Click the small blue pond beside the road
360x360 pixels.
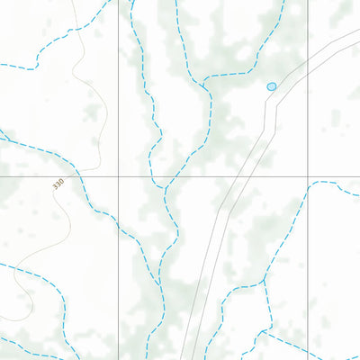(x=272, y=86)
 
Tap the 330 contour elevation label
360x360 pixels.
(x=58, y=184)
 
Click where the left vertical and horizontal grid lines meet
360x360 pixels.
(x=118, y=175)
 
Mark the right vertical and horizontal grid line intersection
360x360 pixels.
(x=309, y=175)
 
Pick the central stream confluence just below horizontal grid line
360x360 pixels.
(x=165, y=188)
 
